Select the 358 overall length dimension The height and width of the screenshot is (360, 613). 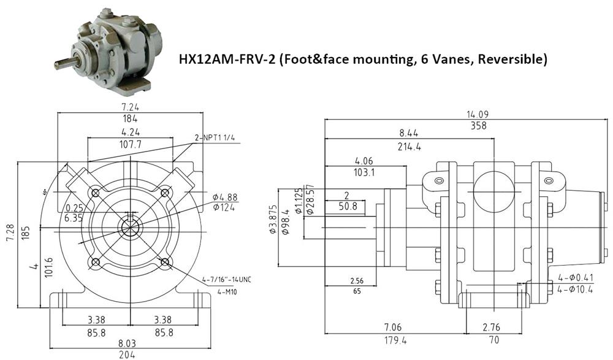478,126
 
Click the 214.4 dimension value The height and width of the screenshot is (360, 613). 409,147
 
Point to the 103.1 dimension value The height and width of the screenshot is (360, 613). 364,173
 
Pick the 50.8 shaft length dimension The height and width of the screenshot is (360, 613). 347,207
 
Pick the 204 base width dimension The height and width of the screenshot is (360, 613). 128,354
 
